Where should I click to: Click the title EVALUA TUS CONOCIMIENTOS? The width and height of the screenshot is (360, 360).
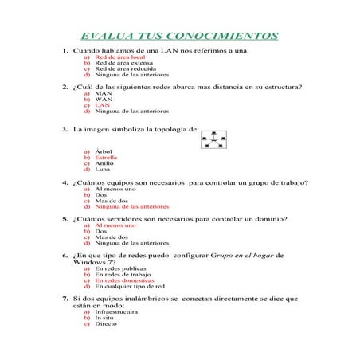pyautogui.click(x=180, y=35)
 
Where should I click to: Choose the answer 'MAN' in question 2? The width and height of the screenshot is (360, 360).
pyautogui.click(x=103, y=92)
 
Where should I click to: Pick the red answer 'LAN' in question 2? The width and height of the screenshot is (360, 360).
pyautogui.click(x=102, y=104)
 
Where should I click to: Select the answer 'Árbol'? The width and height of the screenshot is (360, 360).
pyautogui.click(x=103, y=151)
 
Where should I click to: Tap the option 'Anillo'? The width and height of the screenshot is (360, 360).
pyautogui.click(x=104, y=163)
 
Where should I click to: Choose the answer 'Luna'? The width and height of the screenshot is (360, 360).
pyautogui.click(x=102, y=169)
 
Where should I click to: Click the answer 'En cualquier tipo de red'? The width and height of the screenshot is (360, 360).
pyautogui.click(x=128, y=286)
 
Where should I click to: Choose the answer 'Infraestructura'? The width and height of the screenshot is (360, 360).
pyautogui.click(x=115, y=312)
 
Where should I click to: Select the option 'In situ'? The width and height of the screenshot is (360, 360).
pyautogui.click(x=104, y=318)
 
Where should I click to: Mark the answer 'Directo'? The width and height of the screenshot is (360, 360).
pyautogui.click(x=105, y=324)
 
